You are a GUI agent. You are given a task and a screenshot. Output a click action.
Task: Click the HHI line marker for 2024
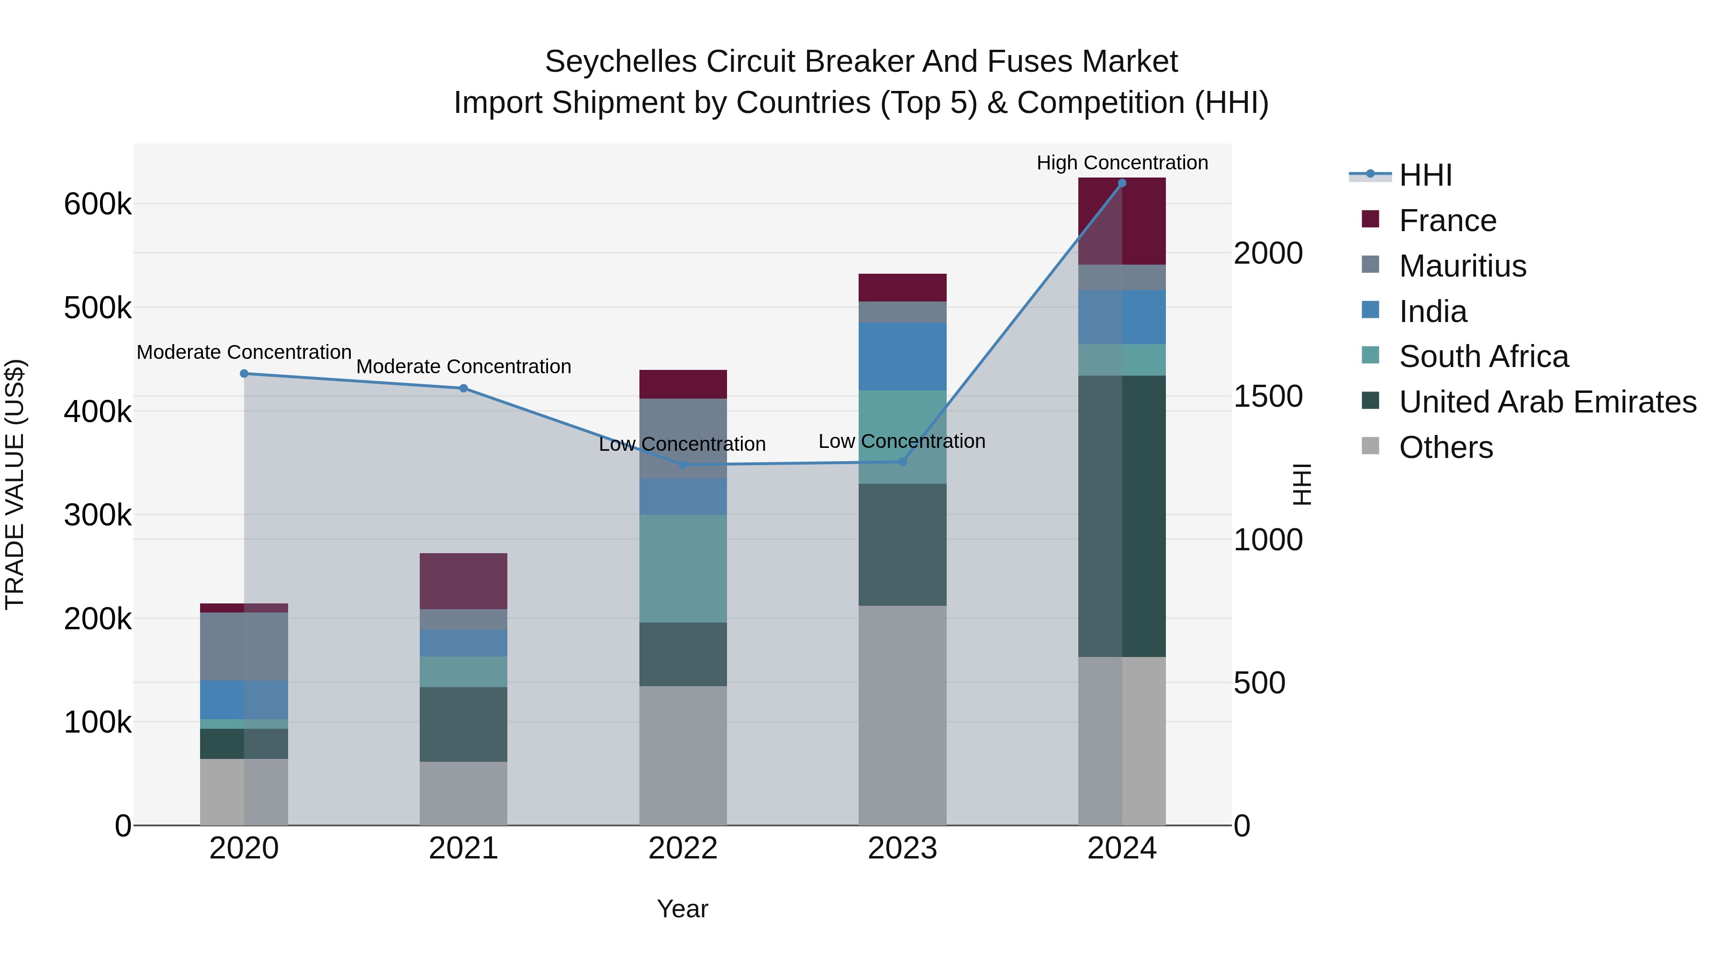(1122, 183)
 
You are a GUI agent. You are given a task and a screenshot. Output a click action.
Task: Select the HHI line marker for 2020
(244, 374)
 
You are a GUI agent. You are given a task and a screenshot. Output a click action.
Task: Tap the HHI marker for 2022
(683, 465)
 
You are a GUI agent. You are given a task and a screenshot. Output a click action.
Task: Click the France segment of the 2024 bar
(1122, 222)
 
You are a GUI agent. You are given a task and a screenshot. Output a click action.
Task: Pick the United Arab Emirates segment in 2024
(1122, 516)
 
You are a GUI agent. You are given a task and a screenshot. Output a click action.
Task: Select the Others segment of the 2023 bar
(902, 715)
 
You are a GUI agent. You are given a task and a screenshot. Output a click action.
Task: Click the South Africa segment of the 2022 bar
(683, 568)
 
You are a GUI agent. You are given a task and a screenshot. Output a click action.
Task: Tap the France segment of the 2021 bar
(463, 581)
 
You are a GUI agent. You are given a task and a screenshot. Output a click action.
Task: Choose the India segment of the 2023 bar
(902, 356)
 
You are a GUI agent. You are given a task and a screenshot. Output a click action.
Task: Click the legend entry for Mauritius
(1462, 266)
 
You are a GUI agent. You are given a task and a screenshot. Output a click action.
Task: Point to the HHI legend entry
(1425, 175)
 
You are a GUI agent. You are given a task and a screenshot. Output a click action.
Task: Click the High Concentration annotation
(1122, 163)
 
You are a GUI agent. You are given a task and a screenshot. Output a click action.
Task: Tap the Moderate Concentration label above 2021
(463, 367)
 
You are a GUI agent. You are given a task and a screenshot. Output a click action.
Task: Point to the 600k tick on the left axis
(98, 204)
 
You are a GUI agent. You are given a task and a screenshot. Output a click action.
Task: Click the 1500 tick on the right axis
(1267, 397)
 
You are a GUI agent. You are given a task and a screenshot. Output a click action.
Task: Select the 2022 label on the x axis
(683, 848)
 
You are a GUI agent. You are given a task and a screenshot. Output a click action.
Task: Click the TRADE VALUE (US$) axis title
(15, 484)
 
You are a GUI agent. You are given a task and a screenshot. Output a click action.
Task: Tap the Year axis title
(682, 909)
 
